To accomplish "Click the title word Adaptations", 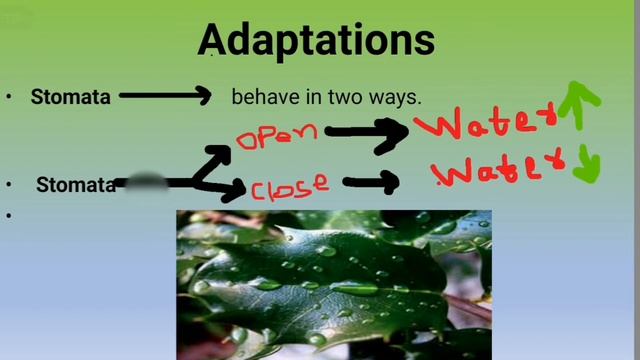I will coord(316,41).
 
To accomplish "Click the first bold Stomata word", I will coord(70,97).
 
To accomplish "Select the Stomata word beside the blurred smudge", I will coord(75,185).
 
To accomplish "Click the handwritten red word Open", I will coord(277,135).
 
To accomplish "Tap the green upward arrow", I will coord(581,104).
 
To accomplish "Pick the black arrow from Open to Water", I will coord(365,132).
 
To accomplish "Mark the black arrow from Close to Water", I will coord(371,181).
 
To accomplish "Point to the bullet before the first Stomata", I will coord(9,97).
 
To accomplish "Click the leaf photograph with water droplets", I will coord(334,284).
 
